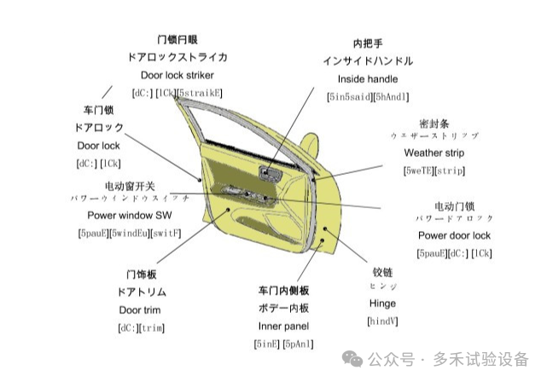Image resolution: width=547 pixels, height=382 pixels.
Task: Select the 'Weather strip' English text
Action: click(434, 153)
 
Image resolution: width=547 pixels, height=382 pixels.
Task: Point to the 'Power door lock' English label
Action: click(454, 234)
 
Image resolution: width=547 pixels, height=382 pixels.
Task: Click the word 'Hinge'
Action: click(382, 303)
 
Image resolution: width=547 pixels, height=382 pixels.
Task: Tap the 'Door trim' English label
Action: click(140, 310)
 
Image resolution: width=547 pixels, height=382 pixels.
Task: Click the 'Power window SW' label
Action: click(129, 216)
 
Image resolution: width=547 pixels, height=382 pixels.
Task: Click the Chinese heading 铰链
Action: click(382, 272)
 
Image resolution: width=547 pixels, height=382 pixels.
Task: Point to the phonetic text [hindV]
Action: click(382, 321)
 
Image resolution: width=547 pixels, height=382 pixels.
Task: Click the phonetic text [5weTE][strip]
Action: click(434, 171)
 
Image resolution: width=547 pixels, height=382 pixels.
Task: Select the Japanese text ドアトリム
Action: click(140, 292)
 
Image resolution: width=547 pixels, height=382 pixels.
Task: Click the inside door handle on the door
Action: click(274, 176)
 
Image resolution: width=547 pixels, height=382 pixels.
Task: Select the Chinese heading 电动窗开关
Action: click(130, 185)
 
